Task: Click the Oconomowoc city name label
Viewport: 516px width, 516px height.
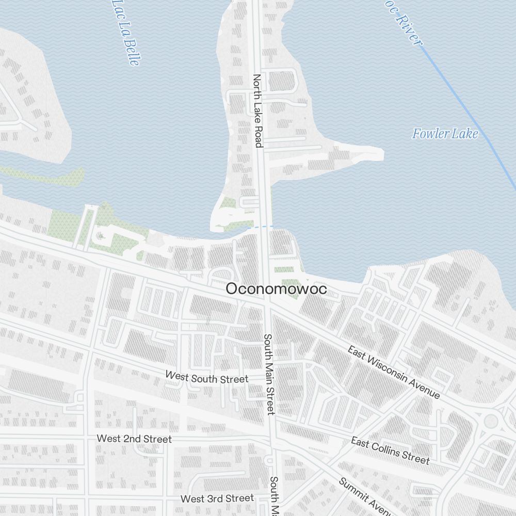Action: point(276,289)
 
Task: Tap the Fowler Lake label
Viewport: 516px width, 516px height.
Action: point(445,134)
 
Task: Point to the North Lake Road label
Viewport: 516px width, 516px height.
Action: point(257,110)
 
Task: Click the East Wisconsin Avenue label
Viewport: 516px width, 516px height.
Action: point(394,373)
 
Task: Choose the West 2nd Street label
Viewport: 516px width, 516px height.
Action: point(134,439)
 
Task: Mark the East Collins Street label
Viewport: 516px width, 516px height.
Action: point(390,450)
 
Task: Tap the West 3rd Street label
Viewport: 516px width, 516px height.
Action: point(217,498)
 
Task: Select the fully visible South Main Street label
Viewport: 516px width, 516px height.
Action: point(269,374)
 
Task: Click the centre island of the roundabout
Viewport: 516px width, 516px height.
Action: point(491,421)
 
